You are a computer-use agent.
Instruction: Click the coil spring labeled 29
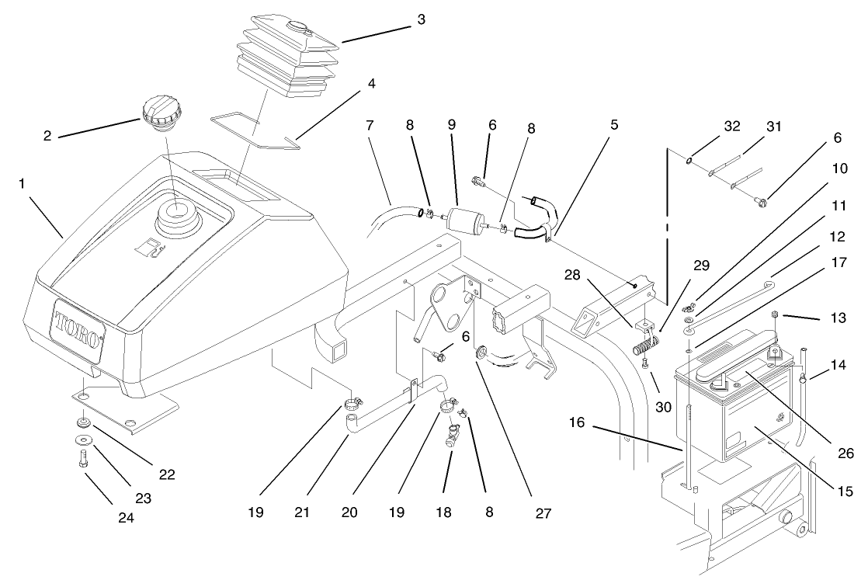pyautogui.click(x=644, y=339)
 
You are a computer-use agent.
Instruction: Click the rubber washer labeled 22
pyautogui.click(x=83, y=424)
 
